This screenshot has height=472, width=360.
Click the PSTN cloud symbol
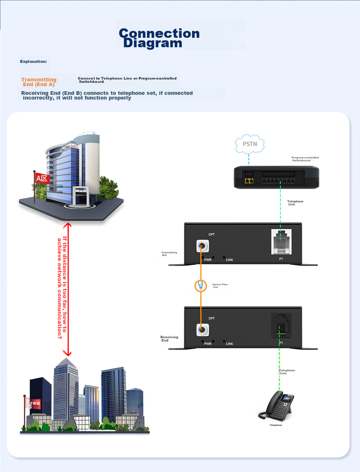click(249, 144)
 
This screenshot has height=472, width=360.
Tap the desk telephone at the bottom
click(277, 407)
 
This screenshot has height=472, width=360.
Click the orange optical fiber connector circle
click(200, 286)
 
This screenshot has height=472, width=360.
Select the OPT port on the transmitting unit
click(203, 246)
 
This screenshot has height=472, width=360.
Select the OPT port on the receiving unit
click(203, 330)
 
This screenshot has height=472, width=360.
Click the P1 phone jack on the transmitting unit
click(281, 242)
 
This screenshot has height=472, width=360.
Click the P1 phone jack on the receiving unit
click(281, 325)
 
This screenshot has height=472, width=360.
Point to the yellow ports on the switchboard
click(249, 181)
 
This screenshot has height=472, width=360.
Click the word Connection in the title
click(159, 33)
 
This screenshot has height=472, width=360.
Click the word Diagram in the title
click(153, 43)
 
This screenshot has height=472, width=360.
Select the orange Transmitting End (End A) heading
click(39, 82)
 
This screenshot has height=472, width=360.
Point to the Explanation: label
click(33, 61)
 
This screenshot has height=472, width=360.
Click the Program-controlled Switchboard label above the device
click(305, 159)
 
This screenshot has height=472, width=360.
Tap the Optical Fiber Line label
click(220, 286)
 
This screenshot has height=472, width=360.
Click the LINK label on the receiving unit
click(229, 344)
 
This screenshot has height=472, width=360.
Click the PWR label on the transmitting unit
click(208, 260)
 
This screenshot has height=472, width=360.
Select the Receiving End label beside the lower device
click(169, 339)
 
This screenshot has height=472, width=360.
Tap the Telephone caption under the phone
click(276, 425)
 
